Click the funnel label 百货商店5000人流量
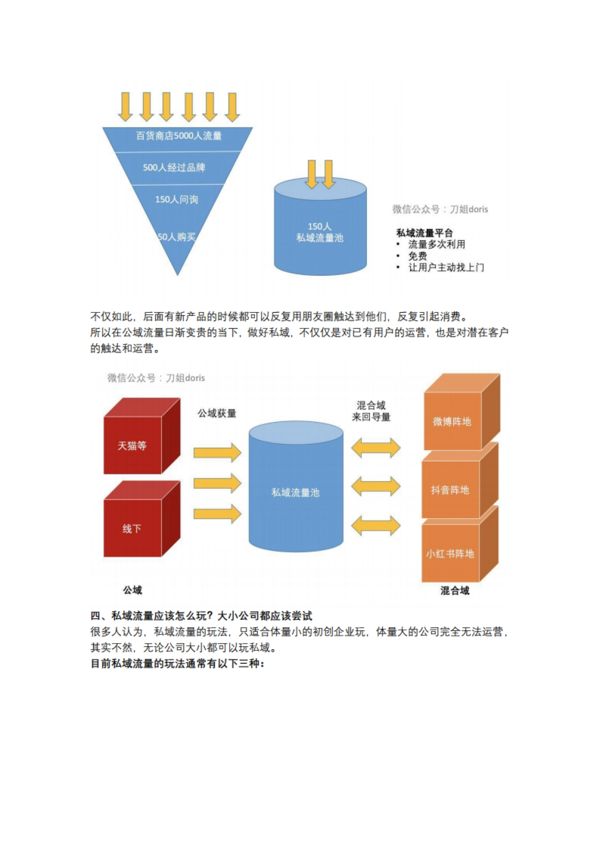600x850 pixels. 178,136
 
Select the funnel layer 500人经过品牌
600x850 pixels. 174,168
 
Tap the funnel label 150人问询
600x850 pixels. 176,199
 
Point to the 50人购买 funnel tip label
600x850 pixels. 176,237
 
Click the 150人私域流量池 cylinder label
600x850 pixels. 320,232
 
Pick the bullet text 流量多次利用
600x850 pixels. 436,244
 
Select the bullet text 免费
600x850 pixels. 417,256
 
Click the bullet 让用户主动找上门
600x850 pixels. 446,267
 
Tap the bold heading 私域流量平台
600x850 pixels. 424,233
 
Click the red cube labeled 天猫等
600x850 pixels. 132,446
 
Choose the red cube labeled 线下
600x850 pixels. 132,529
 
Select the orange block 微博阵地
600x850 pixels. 452,421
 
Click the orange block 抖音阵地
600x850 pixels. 450,490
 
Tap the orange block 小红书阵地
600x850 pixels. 450,554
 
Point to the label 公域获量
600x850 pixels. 216,413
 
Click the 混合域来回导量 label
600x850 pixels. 371,411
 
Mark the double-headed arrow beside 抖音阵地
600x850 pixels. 375,486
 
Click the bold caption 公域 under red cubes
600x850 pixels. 132,590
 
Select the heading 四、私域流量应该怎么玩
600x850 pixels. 201,616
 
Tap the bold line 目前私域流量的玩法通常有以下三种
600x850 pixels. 177,664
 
